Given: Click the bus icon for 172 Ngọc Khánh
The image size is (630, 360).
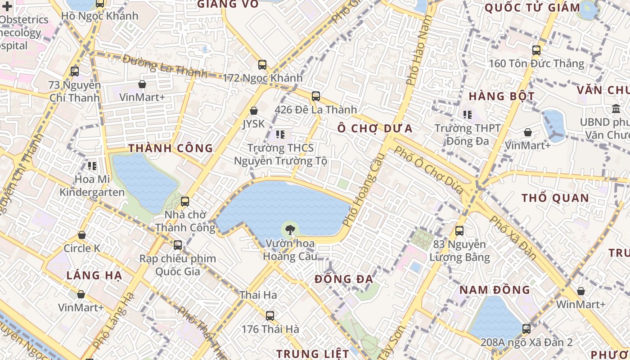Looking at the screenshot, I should point(262,65).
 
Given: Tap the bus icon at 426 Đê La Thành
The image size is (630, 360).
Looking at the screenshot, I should point(316,96).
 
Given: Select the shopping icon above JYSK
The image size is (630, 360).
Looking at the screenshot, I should point(254,111).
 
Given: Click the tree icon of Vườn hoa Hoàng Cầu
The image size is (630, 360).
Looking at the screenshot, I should point(290,229).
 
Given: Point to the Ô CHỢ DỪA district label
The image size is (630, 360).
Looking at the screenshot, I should point(375,128).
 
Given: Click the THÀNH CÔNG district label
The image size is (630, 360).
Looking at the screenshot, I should point(171,148).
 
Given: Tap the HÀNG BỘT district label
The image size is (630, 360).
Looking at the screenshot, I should point(501,96).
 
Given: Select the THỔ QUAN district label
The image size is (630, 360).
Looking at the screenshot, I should point(555,198).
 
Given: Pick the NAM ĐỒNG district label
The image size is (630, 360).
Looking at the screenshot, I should point(495,289).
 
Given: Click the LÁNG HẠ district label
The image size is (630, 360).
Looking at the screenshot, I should point(94,275).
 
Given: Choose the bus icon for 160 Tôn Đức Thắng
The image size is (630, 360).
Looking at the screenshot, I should point(536,50).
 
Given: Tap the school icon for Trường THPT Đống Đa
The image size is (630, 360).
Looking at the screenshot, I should point(468,115).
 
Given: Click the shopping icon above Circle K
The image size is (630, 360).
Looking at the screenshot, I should point(82,235).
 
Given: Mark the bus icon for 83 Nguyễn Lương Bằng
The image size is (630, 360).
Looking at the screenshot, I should point(459,231).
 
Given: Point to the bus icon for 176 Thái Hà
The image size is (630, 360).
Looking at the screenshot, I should point(270,316).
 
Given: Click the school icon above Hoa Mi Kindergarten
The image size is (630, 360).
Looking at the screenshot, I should point(92,166).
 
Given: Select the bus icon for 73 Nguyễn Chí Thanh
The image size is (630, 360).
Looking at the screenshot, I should point(75,71).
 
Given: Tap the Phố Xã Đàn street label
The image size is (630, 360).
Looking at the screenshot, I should point(513,237).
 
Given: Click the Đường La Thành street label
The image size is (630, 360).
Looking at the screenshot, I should point(165,66).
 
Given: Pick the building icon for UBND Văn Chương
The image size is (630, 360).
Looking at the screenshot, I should point(616,109).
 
